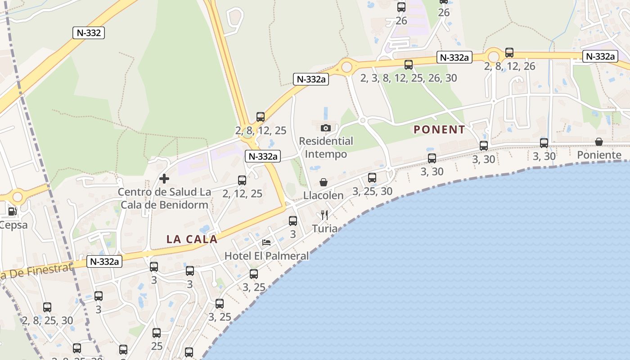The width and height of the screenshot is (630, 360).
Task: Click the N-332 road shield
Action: [x=89, y=32]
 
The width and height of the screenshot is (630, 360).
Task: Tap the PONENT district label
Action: [x=439, y=130]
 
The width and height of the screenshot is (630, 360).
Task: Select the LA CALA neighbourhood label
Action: [x=192, y=239]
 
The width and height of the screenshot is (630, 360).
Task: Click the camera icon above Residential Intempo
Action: [x=326, y=128]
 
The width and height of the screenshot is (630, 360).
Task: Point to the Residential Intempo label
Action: [x=326, y=148]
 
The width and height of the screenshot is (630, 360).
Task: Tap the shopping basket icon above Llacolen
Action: [x=323, y=182]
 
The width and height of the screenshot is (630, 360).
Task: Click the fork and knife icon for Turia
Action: [x=324, y=215]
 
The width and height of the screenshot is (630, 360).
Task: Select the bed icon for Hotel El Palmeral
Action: [x=266, y=243]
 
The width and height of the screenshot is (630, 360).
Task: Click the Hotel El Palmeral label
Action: [x=266, y=256]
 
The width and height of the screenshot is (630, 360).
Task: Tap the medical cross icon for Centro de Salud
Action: [x=164, y=179]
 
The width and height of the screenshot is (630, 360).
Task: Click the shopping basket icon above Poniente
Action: [x=599, y=142]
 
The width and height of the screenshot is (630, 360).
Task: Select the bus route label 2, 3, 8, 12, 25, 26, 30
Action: [x=408, y=78]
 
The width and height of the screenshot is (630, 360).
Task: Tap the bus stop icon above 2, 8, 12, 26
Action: [x=509, y=53]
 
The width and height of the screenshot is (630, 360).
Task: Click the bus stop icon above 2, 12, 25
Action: [x=242, y=180]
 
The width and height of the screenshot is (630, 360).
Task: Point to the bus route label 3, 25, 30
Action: [x=372, y=191]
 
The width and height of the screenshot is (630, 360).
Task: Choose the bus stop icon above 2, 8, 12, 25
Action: [x=261, y=117]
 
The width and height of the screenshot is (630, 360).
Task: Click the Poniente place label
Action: [x=599, y=155]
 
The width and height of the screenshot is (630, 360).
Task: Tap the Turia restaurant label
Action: [x=324, y=229]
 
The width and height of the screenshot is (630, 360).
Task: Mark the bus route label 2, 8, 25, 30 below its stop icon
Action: [x=47, y=320]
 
